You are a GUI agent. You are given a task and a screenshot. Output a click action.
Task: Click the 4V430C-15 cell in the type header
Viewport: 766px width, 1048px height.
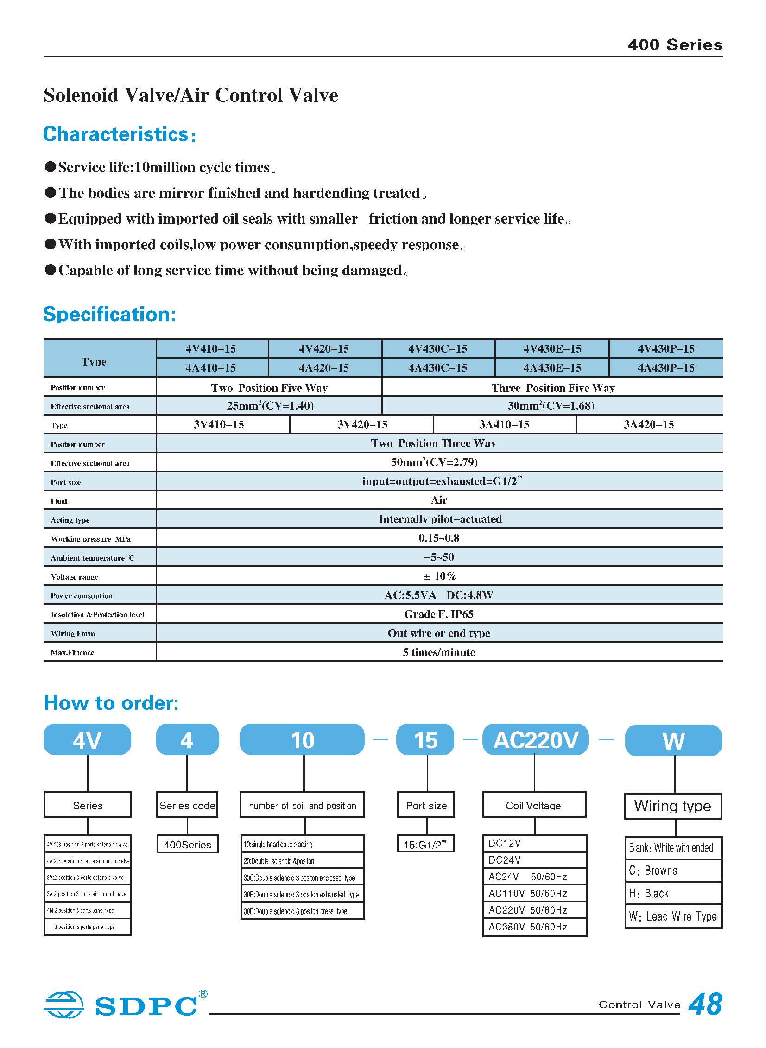[x=437, y=348]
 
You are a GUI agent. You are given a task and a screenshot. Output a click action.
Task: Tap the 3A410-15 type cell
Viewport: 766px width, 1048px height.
[x=504, y=424]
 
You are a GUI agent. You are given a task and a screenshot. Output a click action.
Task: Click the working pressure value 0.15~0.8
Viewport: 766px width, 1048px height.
[x=439, y=538]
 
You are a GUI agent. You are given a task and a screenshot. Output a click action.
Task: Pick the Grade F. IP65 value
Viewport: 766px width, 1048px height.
[x=439, y=614]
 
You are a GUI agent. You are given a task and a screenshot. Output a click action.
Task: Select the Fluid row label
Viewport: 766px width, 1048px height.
[x=59, y=500]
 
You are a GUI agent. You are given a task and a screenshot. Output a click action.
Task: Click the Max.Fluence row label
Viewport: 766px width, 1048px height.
[x=72, y=652]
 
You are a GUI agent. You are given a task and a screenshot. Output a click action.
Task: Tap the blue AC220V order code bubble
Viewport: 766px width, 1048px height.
[x=535, y=740]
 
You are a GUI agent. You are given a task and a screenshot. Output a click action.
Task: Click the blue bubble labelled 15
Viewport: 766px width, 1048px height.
[x=425, y=740]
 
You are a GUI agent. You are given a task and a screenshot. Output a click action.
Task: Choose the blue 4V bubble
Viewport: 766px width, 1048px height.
[x=87, y=740]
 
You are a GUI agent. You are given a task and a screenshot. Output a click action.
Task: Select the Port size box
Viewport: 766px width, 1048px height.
[x=426, y=806]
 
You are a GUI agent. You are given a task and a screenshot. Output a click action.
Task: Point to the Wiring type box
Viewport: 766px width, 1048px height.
[x=672, y=806]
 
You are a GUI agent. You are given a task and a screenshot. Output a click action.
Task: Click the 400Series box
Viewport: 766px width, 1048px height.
[x=187, y=845]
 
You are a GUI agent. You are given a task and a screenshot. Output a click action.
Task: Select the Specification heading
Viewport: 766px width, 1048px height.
[x=109, y=314]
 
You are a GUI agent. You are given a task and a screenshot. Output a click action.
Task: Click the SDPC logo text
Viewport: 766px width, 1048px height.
[x=146, y=1006]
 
